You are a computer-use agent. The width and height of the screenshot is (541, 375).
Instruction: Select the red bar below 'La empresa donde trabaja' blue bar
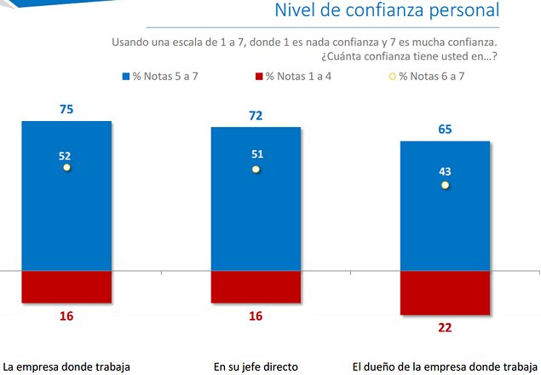point(66,286)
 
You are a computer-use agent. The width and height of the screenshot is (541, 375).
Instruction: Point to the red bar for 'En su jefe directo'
point(256,286)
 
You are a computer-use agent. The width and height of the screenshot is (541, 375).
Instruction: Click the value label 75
point(66,109)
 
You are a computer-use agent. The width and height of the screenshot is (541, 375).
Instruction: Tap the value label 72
point(256,114)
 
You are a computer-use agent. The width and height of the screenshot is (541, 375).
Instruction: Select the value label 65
point(445,130)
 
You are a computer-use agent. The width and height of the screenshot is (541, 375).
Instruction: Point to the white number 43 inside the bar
point(445,171)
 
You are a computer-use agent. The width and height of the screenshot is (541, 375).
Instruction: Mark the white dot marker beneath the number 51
point(256,170)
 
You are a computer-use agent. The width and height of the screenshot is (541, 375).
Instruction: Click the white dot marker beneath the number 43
point(445,185)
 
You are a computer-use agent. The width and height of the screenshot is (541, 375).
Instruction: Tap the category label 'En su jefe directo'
point(256,367)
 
